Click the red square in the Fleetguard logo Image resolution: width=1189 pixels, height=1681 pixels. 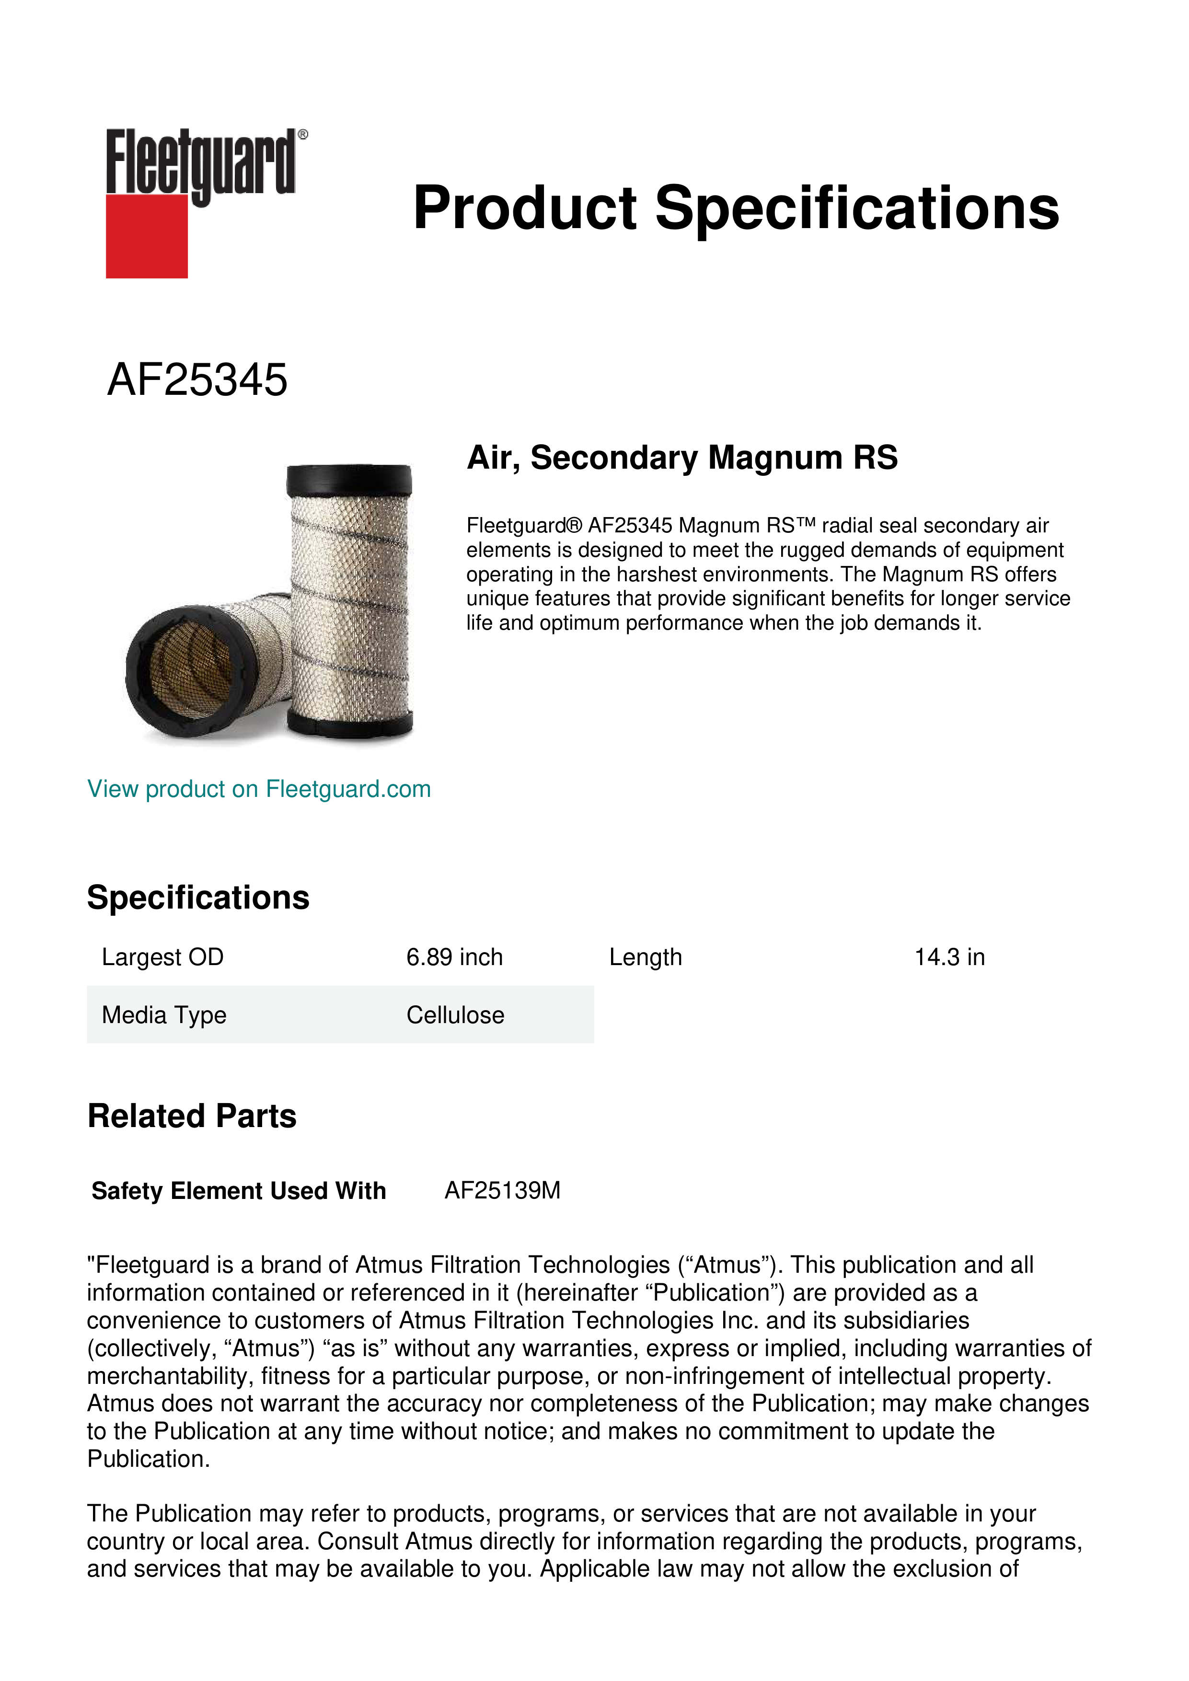point(147,236)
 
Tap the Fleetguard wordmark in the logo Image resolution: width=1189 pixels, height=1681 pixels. point(201,162)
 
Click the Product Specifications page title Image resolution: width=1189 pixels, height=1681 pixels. point(736,208)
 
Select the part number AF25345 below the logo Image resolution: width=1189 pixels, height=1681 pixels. point(197,380)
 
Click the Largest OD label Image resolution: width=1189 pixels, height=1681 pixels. point(162,957)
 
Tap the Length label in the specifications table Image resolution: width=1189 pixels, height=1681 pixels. point(645,957)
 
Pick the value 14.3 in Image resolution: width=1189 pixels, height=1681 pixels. point(949,957)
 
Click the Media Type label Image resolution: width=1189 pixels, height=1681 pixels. point(164,1015)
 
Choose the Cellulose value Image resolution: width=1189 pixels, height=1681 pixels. point(455,1015)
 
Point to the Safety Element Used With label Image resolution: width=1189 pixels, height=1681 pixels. point(239,1191)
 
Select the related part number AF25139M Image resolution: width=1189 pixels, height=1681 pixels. point(502,1191)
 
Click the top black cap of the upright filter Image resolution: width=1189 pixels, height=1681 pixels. point(349,480)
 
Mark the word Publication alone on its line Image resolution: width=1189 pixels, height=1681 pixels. point(148,1459)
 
